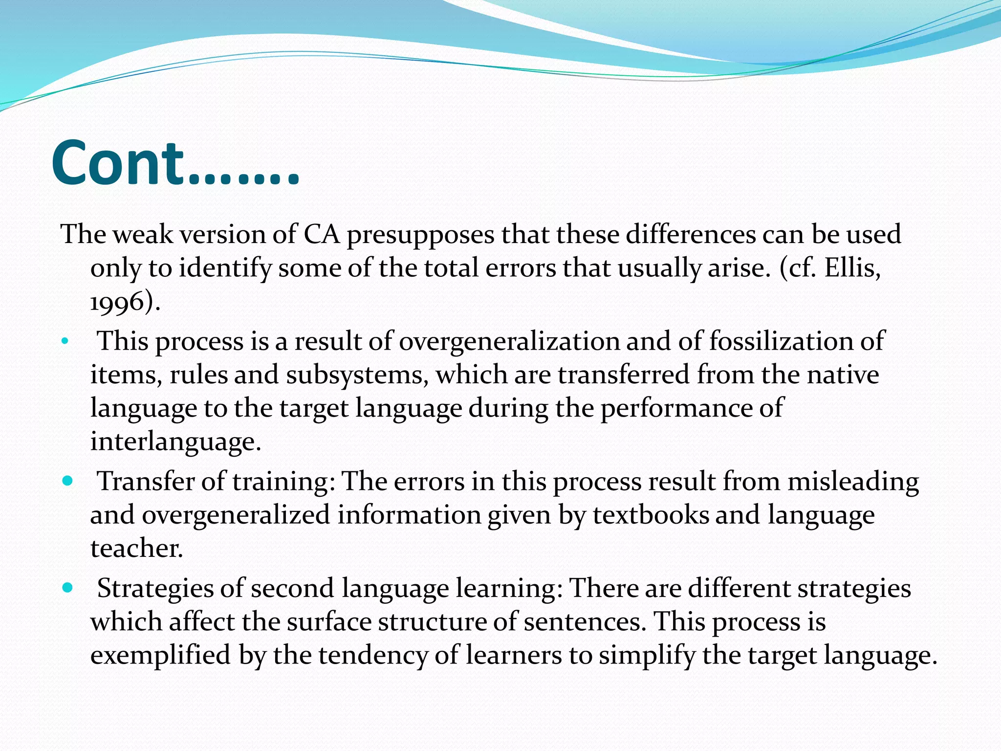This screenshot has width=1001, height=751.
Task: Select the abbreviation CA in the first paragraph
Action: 322,234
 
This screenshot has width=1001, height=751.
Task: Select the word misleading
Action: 853,482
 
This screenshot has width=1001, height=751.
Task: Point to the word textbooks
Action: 651,515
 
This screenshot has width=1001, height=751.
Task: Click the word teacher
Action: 136,548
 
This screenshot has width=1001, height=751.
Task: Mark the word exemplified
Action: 160,655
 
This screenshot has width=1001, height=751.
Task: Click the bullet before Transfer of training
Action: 67,481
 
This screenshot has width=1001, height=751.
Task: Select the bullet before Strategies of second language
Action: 67,587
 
